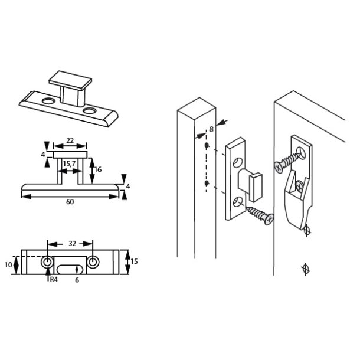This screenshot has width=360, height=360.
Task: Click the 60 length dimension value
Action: coord(70,202)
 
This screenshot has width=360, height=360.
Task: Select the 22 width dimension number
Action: coord(70,140)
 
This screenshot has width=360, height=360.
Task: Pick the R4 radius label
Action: coord(53,280)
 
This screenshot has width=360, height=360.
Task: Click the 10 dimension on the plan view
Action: coord(8,265)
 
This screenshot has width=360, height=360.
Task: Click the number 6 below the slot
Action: coord(76,280)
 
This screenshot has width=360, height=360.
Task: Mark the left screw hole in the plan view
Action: coord(47,262)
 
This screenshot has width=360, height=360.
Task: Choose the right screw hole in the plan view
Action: coord(93,262)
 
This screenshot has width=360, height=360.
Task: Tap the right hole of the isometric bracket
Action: coord(89,110)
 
